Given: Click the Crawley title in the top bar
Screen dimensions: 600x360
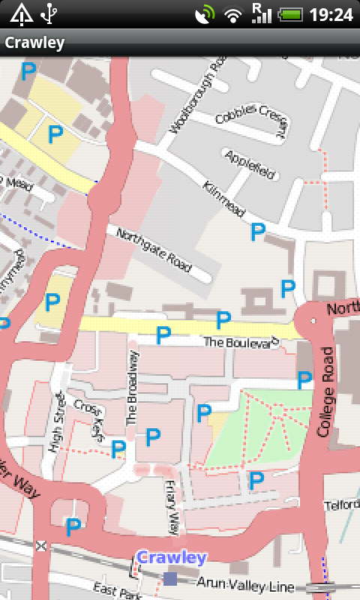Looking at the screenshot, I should coord(34,43).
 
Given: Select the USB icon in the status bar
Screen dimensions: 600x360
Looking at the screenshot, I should coord(50,13).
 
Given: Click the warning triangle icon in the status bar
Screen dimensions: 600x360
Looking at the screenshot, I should coord(21,13).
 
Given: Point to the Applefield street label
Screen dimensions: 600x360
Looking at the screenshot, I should coord(250,164).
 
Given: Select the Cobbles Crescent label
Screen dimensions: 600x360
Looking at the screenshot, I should coord(251,120).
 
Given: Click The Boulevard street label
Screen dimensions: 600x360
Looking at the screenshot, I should coord(241,342).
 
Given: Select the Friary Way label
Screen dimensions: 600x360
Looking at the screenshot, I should coord(172,508).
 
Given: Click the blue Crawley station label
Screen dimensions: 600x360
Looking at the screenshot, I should coord(171,558).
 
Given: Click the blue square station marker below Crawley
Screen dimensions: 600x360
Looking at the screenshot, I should coord(170,578).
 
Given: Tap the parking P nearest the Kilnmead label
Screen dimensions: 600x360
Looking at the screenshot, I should coord(258,232).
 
